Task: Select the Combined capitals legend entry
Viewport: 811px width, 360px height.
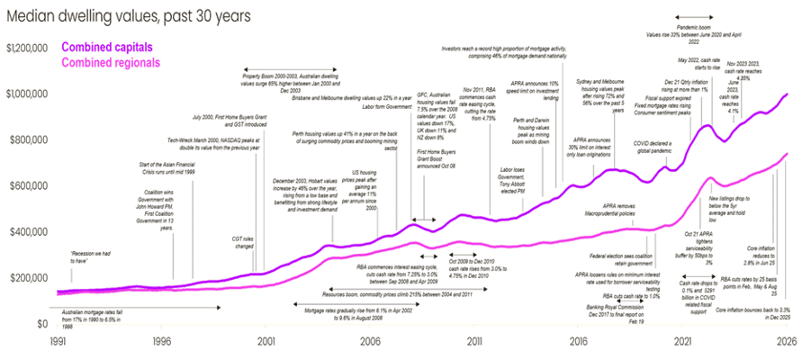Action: click(x=106, y=47)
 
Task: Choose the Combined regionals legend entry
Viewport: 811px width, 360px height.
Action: click(x=110, y=62)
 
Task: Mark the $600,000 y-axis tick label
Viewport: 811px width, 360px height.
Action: click(x=27, y=185)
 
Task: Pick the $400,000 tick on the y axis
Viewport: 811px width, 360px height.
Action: click(x=27, y=231)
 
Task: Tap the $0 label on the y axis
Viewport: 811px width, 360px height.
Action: click(x=40, y=322)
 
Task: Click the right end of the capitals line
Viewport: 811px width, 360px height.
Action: click(x=788, y=93)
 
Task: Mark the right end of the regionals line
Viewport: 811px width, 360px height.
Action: click(x=788, y=153)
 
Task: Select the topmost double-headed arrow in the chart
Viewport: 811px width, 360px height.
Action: click(x=694, y=17)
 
